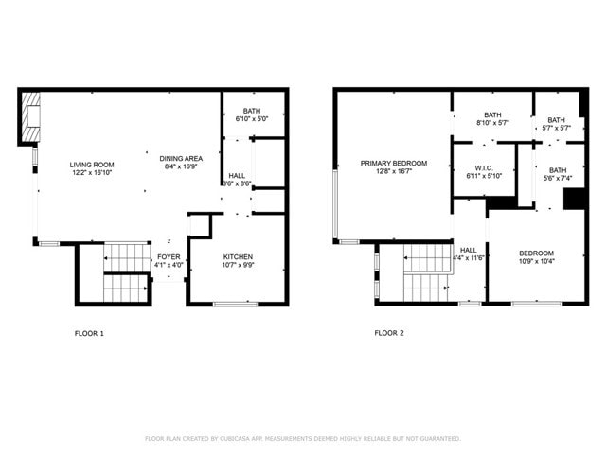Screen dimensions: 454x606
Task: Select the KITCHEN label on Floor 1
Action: click(238, 256)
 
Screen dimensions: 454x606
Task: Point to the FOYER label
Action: click(169, 256)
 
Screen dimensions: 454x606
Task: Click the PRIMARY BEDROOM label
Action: click(393, 163)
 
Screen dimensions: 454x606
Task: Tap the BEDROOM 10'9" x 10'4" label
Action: click(536, 253)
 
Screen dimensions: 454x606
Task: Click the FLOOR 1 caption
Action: click(89, 333)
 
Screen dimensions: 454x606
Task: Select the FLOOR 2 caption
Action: click(389, 333)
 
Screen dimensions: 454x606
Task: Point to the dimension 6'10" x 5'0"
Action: click(251, 119)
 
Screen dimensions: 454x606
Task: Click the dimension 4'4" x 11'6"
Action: click(469, 258)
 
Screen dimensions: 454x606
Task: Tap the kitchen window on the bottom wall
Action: click(236, 304)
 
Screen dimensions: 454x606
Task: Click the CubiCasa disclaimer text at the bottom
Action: click(303, 438)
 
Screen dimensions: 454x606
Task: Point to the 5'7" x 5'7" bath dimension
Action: click(556, 128)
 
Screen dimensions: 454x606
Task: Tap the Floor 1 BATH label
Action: click(251, 111)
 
